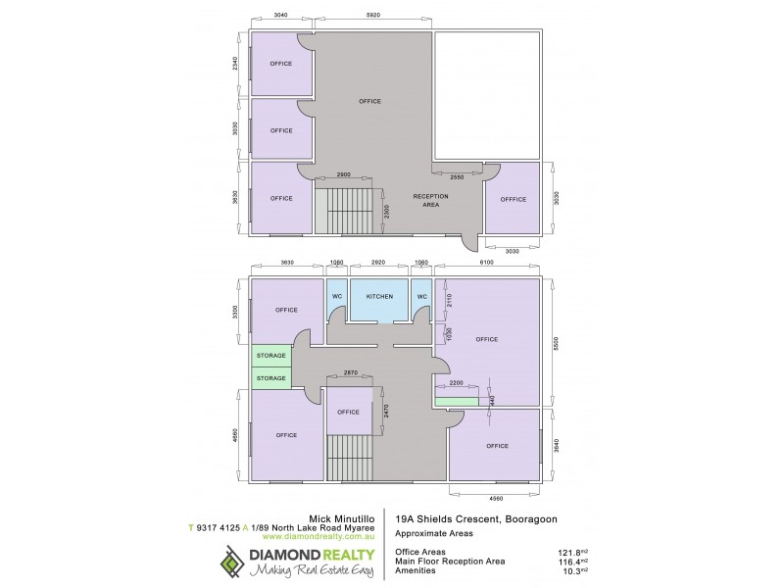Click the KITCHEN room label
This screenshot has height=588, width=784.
click(379, 296)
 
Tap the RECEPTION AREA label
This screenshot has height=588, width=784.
click(430, 201)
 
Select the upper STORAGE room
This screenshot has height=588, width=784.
click(270, 356)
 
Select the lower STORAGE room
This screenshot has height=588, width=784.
click(270, 378)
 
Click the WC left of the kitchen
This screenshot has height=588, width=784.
click(336, 296)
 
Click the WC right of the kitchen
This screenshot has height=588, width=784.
click(422, 296)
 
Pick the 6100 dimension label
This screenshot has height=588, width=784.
click(487, 263)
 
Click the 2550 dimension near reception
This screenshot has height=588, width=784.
click(457, 177)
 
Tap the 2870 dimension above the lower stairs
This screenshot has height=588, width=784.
click(350, 373)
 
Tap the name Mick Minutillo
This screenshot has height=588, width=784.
click(339, 515)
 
